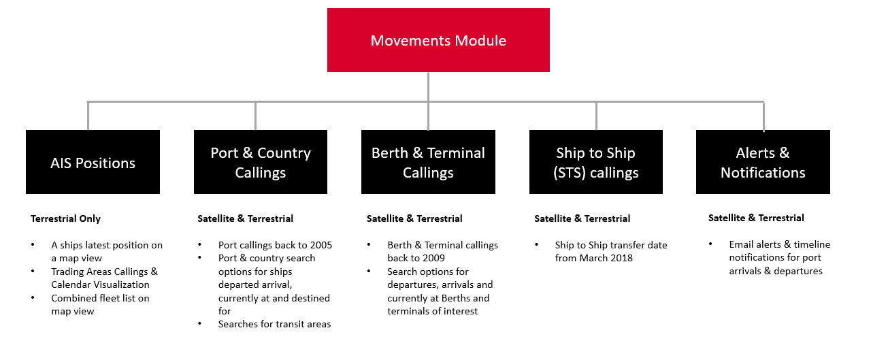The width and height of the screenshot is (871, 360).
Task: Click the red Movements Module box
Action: (x=438, y=40)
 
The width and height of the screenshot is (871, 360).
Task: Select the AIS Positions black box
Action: (x=93, y=163)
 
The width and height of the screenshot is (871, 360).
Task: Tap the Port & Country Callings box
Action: (x=260, y=163)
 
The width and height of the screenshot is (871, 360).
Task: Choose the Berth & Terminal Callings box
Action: (x=428, y=163)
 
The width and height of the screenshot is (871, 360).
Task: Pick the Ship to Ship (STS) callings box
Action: (x=595, y=163)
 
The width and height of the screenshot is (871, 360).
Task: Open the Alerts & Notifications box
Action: (x=763, y=163)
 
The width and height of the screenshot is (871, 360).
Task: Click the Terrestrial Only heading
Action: (x=65, y=218)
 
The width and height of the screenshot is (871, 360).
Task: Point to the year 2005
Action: (x=320, y=245)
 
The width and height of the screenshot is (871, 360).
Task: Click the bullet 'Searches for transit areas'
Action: (x=274, y=324)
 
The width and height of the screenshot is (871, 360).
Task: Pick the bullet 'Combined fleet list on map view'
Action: (x=100, y=304)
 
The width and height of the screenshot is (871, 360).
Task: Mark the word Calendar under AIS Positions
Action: (x=71, y=284)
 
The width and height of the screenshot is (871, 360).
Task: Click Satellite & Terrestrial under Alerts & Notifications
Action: (x=756, y=218)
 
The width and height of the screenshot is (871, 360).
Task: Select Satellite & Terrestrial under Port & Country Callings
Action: (x=246, y=218)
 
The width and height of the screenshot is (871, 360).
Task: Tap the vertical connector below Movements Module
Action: (x=428, y=86)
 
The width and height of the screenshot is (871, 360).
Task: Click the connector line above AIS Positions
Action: (x=88, y=116)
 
